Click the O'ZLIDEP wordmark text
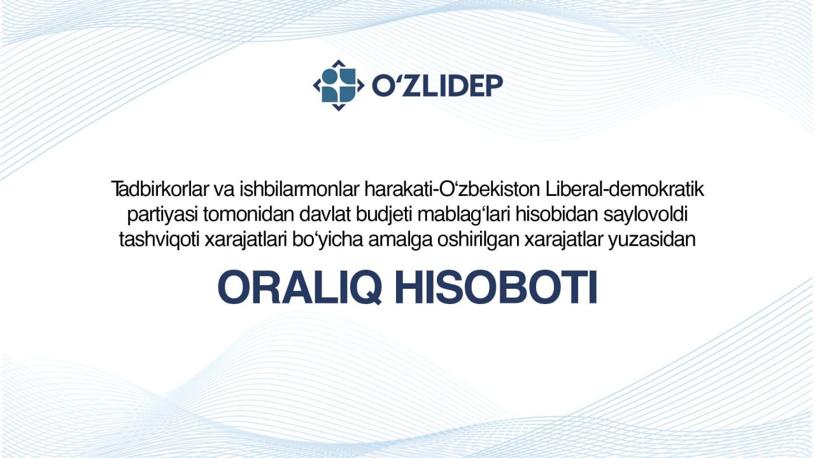click(x=437, y=86)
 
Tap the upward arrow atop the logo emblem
click(x=339, y=63)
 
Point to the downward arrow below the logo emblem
click(x=339, y=108)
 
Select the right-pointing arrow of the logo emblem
click(x=360, y=85)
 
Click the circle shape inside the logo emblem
click(x=330, y=76)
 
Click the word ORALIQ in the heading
click(x=299, y=287)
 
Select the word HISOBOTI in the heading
click(x=496, y=287)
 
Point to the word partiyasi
click(x=162, y=215)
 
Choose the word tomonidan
click(x=249, y=214)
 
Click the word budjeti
click(x=384, y=215)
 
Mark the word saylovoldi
click(x=646, y=215)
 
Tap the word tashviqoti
click(x=159, y=240)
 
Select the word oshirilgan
click(x=478, y=240)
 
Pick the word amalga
click(x=400, y=240)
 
